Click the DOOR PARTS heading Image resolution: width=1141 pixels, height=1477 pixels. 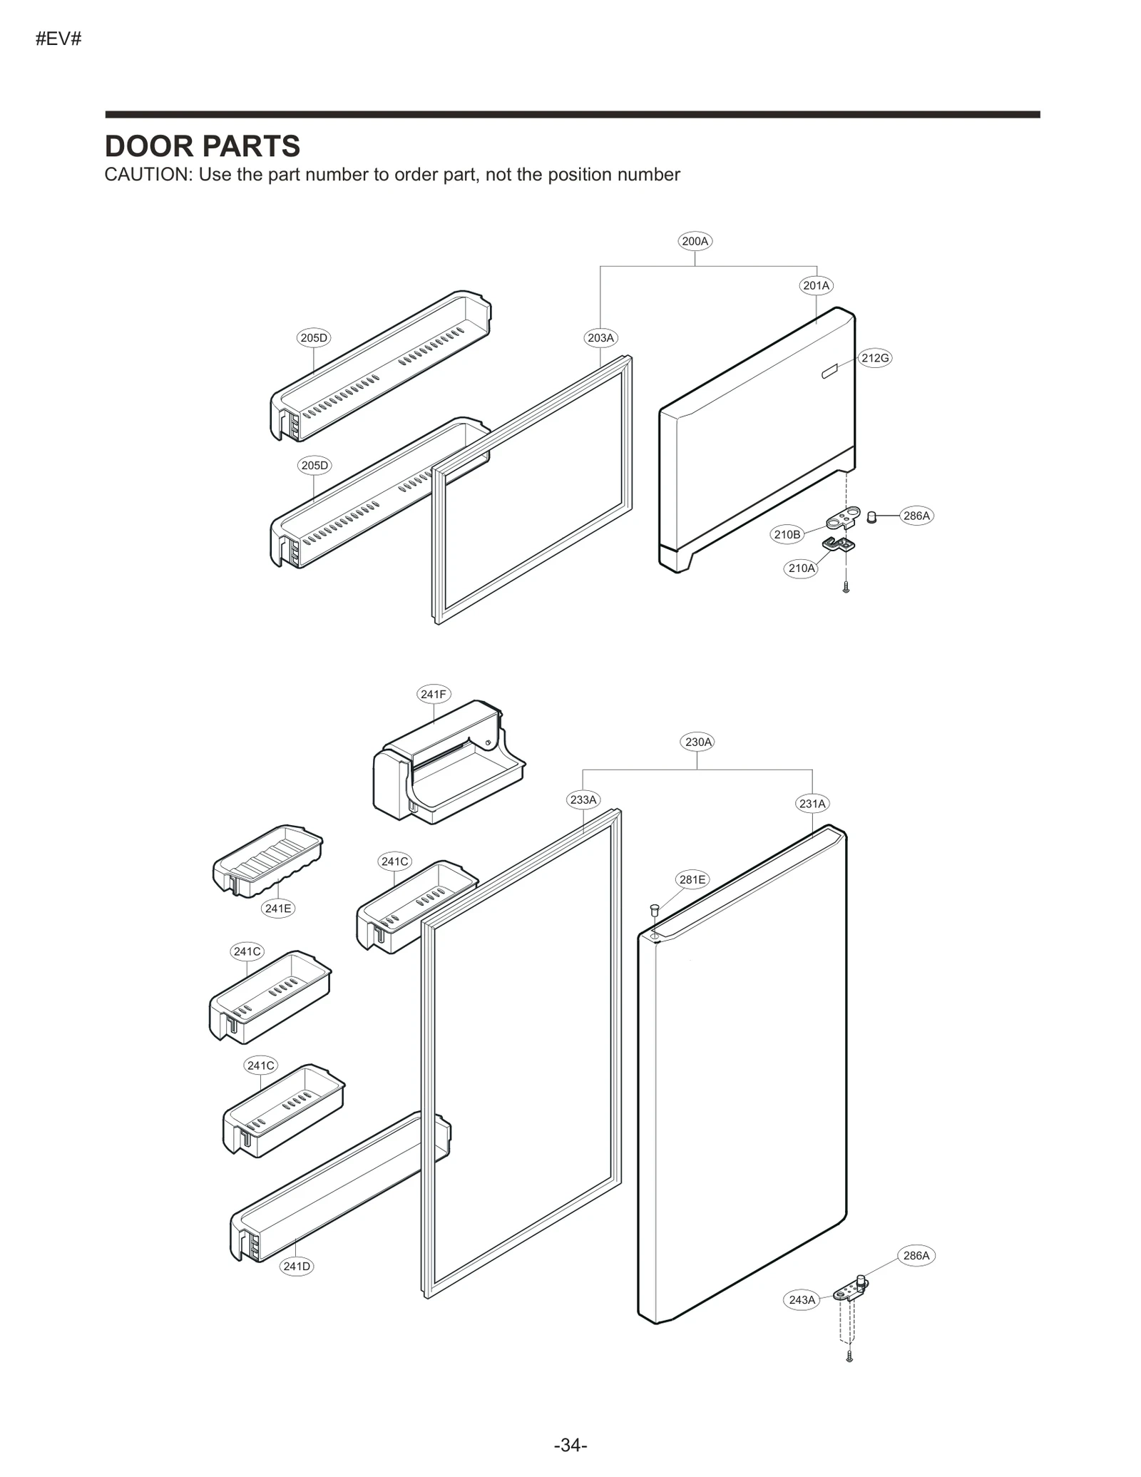point(202,146)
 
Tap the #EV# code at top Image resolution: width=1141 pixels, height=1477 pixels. point(58,39)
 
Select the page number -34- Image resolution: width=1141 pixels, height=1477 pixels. point(570,1445)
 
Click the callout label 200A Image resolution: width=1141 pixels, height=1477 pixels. point(695,241)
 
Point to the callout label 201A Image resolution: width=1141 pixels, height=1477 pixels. point(816,285)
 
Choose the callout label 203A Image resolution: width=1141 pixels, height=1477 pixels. point(600,337)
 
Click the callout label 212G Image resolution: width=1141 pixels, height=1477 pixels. point(875,358)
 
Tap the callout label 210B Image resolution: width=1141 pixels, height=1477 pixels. point(787,534)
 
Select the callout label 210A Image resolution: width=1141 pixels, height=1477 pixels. point(801,568)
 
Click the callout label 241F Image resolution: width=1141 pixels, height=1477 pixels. point(433,694)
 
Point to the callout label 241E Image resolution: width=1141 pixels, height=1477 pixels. point(277,908)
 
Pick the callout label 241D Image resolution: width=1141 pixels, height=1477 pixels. point(297,1267)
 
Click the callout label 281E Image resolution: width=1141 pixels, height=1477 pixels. point(692,879)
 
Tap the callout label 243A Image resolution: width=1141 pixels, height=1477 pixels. point(802,1300)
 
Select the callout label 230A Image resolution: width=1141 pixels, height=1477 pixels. point(698,742)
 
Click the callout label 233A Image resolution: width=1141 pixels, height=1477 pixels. point(583,799)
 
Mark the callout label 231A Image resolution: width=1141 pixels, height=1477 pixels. point(812,804)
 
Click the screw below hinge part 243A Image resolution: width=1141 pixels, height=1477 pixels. point(849,1356)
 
